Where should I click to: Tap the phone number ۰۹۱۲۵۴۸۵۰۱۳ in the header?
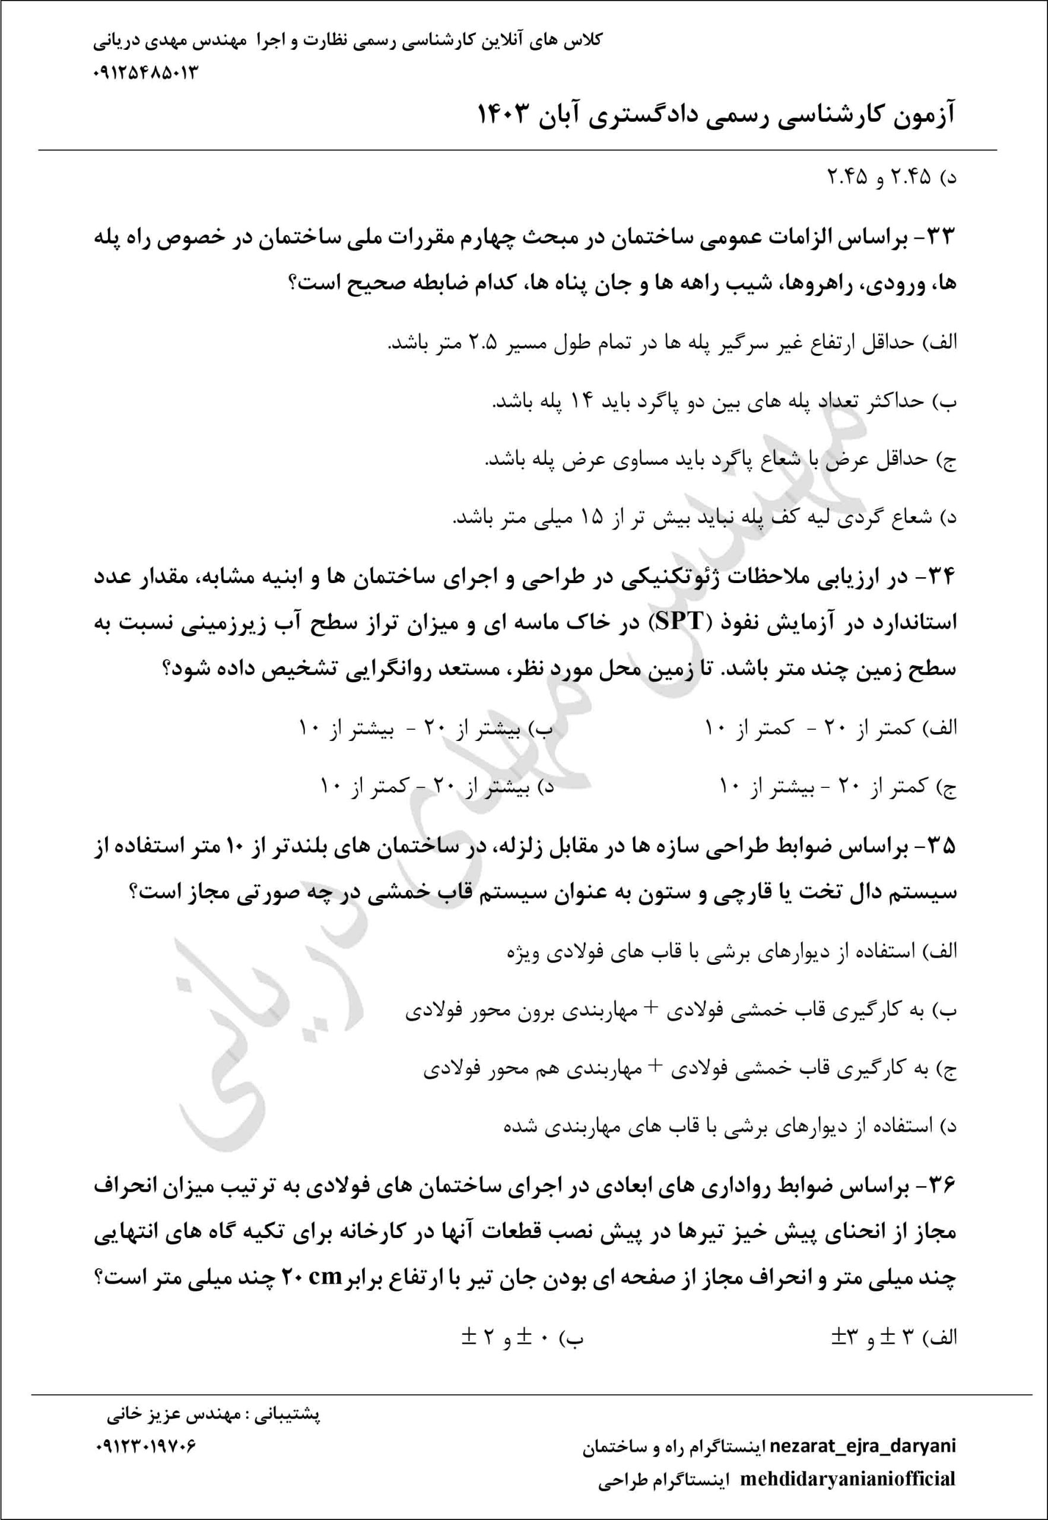point(146,72)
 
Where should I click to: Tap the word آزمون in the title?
point(919,117)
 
